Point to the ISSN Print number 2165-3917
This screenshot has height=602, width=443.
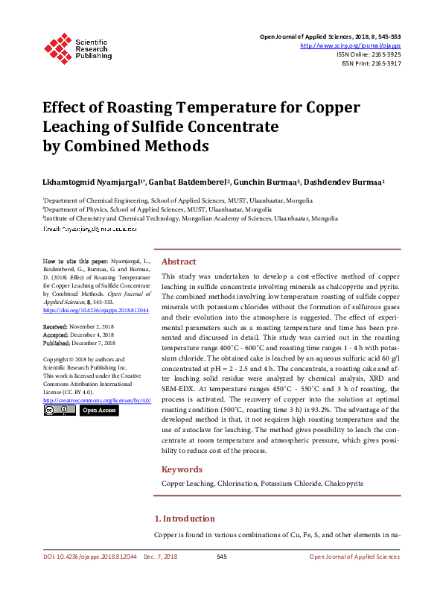pyautogui.click(x=385, y=63)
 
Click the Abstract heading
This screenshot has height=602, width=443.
pyautogui.click(x=179, y=262)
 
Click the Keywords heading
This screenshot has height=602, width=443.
pyautogui.click(x=182, y=469)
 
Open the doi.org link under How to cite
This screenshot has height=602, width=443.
pyautogui.click(x=96, y=310)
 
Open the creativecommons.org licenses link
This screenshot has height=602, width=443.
pyautogui.click(x=98, y=400)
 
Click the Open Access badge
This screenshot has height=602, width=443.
pyautogui.click(x=98, y=411)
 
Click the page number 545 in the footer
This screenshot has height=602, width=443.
pyautogui.click(x=221, y=557)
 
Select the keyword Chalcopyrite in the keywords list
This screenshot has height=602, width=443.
pyautogui.click(x=345, y=484)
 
